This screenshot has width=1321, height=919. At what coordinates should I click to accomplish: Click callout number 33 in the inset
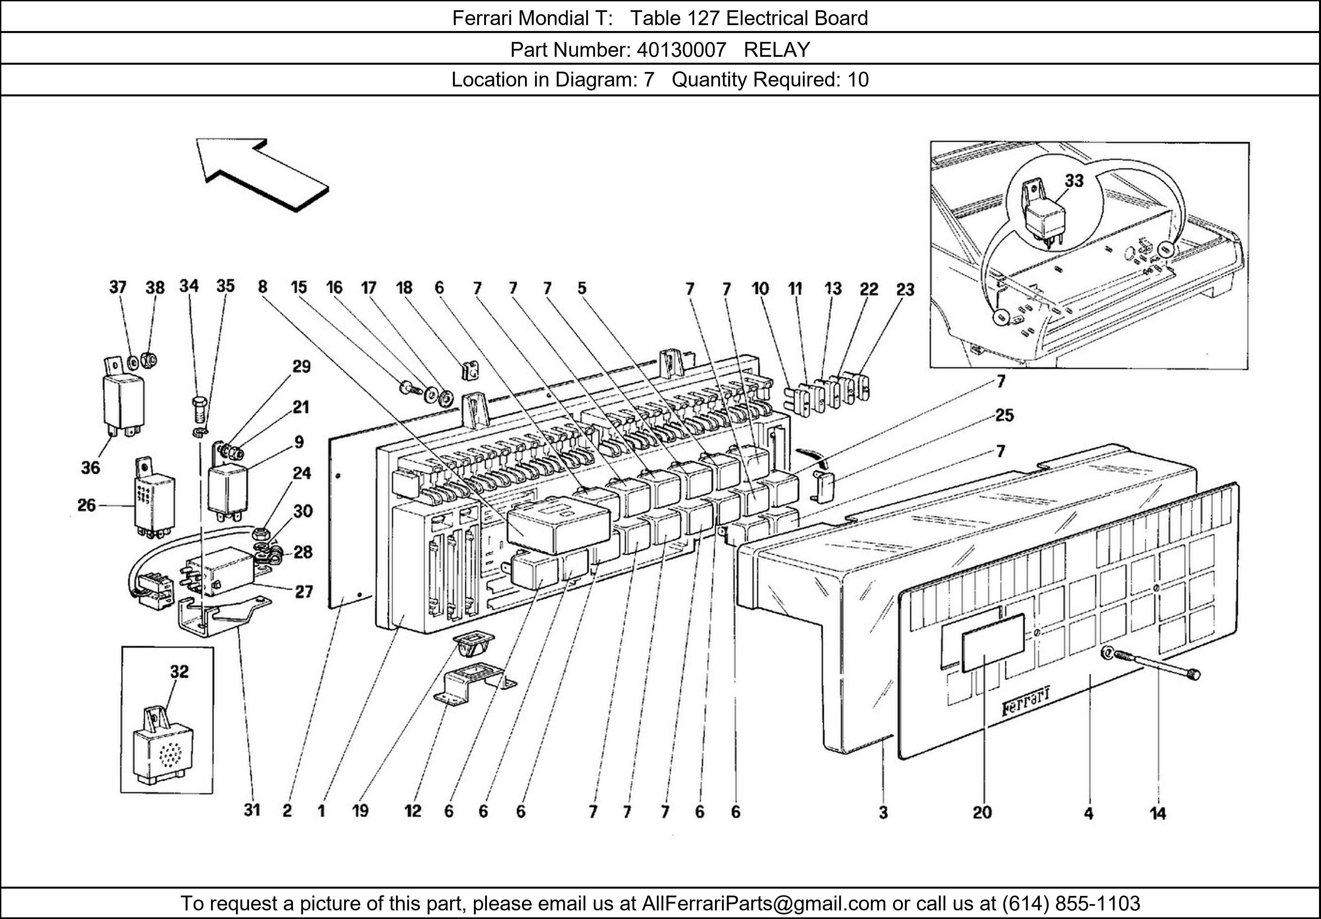point(1074,181)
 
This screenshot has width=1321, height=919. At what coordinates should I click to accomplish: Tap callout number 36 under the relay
point(90,467)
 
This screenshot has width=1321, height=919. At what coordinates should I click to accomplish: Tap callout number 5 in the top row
point(582,288)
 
